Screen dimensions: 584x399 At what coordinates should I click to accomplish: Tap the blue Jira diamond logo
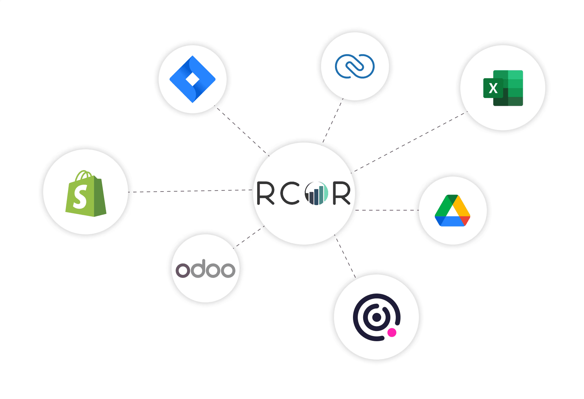click(x=192, y=79)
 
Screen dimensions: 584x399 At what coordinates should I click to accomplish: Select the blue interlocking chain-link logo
click(x=355, y=66)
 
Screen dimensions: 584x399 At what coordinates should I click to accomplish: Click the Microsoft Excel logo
click(x=503, y=88)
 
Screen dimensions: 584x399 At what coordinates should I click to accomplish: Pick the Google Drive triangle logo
click(x=453, y=211)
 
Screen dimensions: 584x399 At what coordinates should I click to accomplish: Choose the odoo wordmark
click(x=206, y=268)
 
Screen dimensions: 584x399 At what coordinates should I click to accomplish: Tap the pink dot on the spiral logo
click(x=392, y=332)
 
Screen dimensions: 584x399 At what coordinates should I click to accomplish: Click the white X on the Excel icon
click(x=493, y=88)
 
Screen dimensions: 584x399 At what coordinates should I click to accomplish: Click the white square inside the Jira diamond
click(x=193, y=80)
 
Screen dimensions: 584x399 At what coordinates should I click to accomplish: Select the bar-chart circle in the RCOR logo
click(x=317, y=193)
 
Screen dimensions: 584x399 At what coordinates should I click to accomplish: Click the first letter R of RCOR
click(x=265, y=193)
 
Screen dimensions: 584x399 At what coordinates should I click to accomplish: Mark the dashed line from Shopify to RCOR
click(x=190, y=191)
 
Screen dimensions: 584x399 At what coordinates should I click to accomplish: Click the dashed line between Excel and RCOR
click(x=409, y=142)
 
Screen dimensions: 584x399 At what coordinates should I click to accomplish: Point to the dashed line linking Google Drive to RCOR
click(x=387, y=210)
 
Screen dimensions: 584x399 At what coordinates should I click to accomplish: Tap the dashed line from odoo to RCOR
click(x=249, y=237)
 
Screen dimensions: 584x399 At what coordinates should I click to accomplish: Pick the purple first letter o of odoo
click(x=183, y=270)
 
